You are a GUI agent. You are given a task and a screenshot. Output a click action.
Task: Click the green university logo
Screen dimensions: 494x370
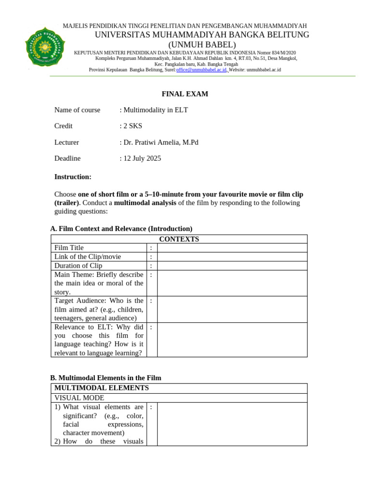(45, 47)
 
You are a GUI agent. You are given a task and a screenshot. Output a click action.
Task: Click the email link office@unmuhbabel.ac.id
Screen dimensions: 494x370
(201, 70)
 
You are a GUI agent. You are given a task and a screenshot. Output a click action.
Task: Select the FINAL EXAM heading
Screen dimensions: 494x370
(185, 94)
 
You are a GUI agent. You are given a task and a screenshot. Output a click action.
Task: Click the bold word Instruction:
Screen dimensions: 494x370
(73, 177)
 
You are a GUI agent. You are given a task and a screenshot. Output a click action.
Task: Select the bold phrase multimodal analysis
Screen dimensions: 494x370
(145, 203)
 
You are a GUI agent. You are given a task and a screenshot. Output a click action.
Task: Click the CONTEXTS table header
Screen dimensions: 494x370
(179, 239)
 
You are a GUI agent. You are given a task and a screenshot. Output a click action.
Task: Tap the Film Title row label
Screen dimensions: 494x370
(69, 248)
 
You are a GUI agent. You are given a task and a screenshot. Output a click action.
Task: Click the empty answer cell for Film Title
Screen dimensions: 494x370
(232, 248)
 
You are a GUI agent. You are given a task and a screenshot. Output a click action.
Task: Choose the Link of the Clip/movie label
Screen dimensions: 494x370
(88, 257)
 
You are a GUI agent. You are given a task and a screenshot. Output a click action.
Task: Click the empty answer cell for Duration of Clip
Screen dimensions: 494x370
(232, 266)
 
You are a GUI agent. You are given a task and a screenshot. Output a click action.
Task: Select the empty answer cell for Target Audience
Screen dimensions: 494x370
(232, 309)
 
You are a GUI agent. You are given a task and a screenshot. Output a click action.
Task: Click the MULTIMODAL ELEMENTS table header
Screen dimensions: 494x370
(102, 388)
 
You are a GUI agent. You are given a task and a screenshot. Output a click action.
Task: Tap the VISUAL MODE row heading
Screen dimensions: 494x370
(79, 398)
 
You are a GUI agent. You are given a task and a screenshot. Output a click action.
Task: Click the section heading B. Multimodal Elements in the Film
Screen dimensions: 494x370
(106, 378)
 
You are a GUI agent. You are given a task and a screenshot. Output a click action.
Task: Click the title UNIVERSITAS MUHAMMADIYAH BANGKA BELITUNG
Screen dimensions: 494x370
(202, 35)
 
